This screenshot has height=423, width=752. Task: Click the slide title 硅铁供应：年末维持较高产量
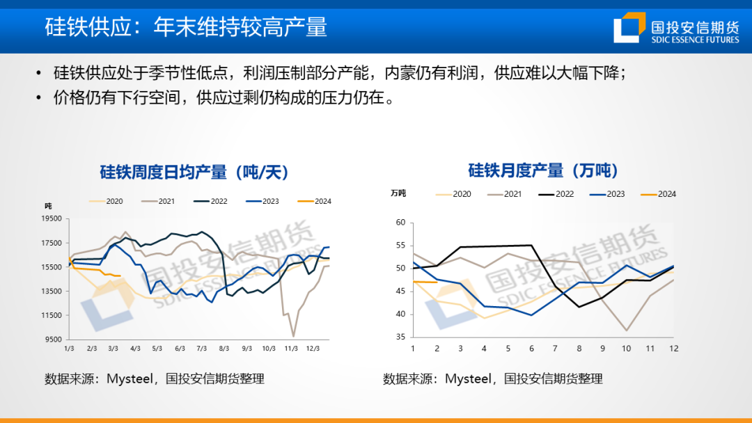click(186, 26)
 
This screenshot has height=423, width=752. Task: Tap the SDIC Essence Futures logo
click(675, 28)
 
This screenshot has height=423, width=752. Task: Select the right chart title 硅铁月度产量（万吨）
click(542, 170)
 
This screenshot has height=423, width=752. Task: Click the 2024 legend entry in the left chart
click(314, 202)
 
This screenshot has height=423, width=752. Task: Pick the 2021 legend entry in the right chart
click(505, 194)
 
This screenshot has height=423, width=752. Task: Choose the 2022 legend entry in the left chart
click(210, 202)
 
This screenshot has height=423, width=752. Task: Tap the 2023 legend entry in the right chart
click(607, 194)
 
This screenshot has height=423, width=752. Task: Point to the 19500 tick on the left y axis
click(52, 218)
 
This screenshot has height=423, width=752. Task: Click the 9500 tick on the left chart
click(54, 340)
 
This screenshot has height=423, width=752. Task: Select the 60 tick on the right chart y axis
click(400, 223)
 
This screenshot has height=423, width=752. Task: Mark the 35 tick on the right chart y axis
click(400, 337)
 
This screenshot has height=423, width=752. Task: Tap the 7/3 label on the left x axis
click(202, 348)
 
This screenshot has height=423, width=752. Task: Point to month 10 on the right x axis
click(627, 348)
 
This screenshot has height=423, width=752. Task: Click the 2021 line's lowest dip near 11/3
click(293, 336)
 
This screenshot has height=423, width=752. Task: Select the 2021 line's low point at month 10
click(627, 330)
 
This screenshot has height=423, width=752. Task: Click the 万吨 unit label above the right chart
click(398, 193)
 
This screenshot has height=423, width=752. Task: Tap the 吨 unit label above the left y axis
click(48, 205)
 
